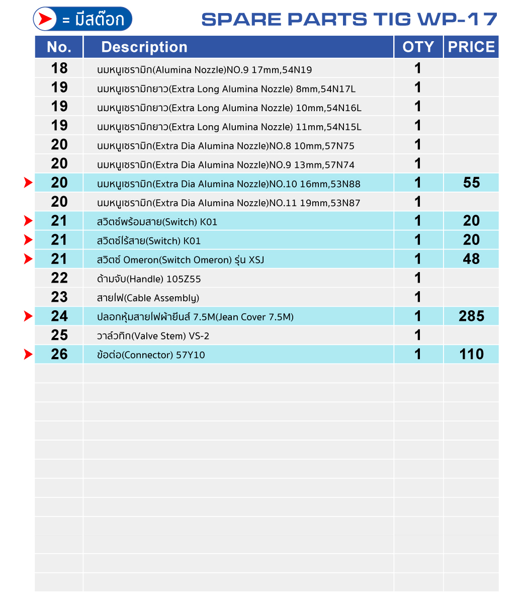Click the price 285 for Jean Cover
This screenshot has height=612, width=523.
click(x=471, y=316)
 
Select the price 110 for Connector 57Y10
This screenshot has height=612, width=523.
click(x=471, y=355)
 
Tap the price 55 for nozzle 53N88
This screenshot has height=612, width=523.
click(x=471, y=183)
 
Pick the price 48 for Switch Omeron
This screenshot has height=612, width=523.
click(x=471, y=259)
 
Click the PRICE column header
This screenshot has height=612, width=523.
click(x=471, y=47)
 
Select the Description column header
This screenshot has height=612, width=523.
click(x=144, y=47)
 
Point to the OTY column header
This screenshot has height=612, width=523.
click(x=418, y=47)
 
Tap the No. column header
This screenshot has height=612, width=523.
click(x=59, y=47)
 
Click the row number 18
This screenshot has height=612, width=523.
click(x=59, y=68)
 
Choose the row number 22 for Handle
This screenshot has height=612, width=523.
click(x=59, y=278)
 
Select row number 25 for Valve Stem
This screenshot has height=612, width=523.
click(x=59, y=335)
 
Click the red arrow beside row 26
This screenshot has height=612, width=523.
click(x=28, y=355)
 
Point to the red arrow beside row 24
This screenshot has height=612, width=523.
click(x=28, y=316)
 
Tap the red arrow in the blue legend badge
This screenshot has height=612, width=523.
click(x=46, y=19)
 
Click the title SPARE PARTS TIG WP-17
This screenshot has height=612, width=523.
click(x=349, y=19)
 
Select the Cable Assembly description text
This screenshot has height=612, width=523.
click(x=148, y=298)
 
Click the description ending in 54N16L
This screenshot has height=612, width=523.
click(x=229, y=108)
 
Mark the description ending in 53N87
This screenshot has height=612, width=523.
click(x=228, y=203)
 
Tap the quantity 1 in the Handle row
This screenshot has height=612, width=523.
click(x=417, y=278)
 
